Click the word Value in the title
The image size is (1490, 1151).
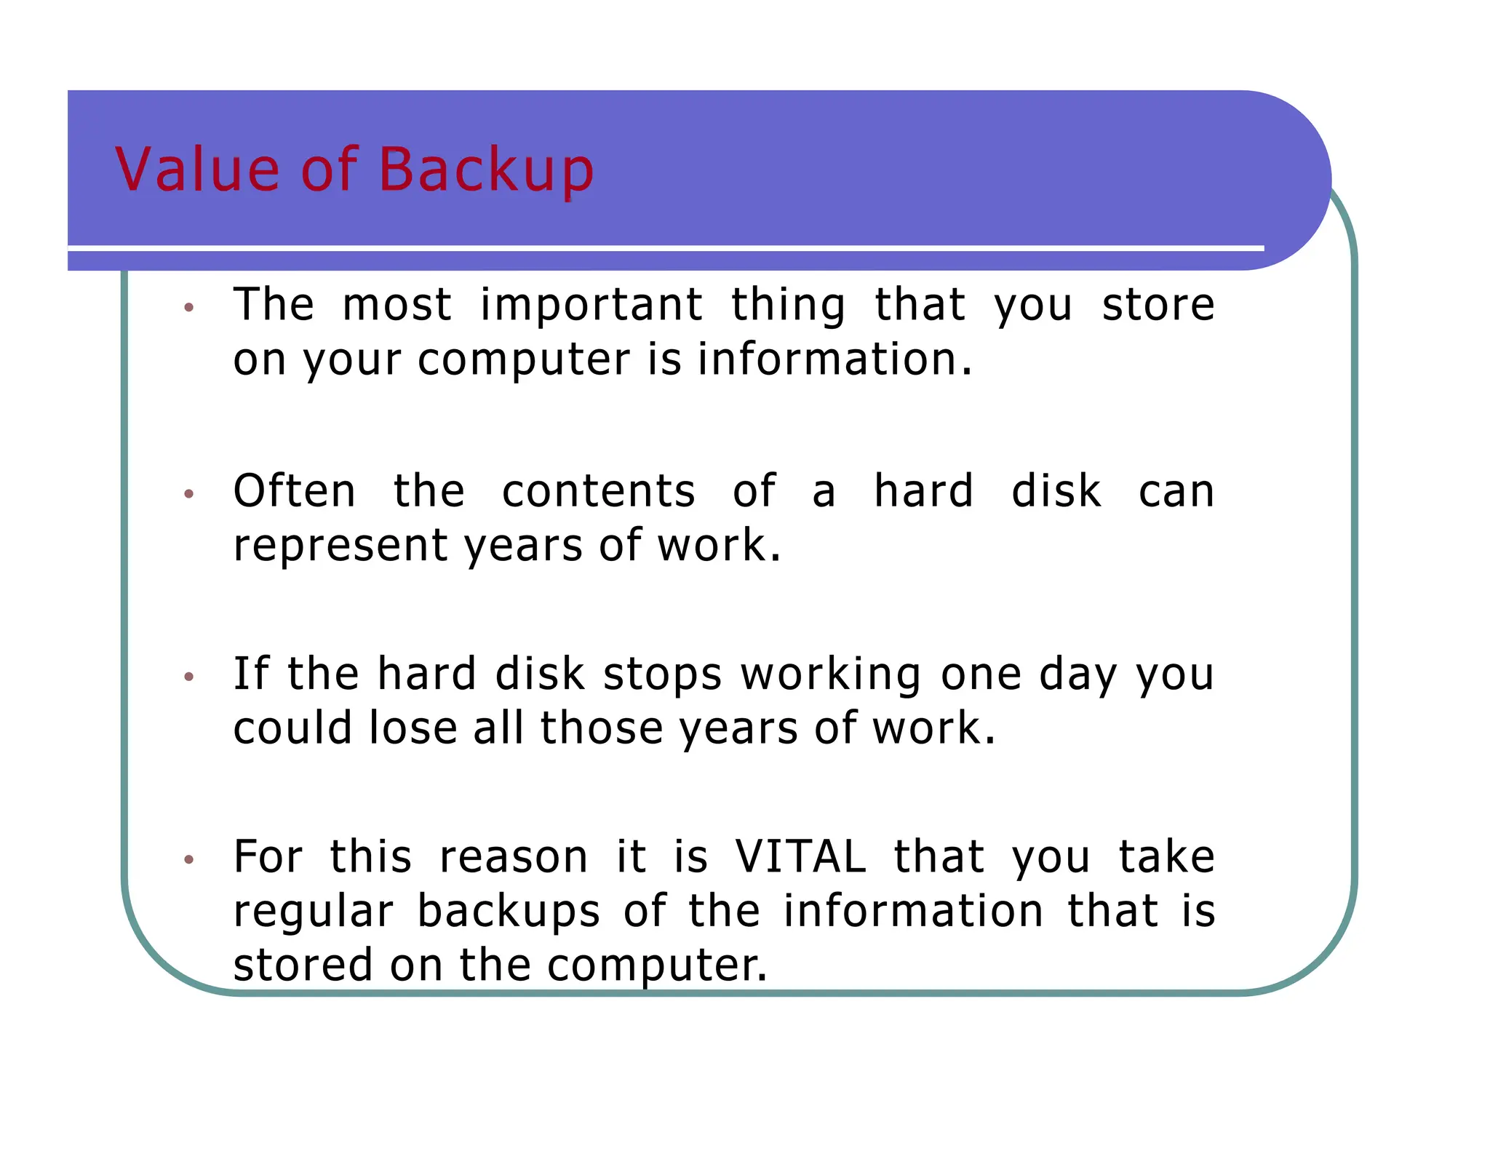tap(197, 170)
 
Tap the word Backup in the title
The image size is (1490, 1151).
tap(486, 171)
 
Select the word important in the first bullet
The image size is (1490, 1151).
tap(591, 305)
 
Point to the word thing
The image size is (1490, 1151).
tap(788, 306)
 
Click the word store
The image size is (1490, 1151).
tap(1158, 305)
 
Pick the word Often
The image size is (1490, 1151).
tap(295, 491)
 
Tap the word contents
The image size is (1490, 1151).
tap(599, 492)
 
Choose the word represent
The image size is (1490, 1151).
tap(340, 546)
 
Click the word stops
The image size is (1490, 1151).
tap(662, 674)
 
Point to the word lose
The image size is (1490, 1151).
tap(413, 728)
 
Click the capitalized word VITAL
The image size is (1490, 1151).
tap(800, 857)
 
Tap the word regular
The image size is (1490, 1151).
tap(314, 913)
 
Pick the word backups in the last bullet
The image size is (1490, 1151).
tap(509, 912)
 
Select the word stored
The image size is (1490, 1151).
tap(303, 965)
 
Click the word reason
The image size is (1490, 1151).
tap(514, 858)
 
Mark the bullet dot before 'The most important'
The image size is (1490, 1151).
tap(189, 308)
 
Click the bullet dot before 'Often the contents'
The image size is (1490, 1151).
tap(189, 494)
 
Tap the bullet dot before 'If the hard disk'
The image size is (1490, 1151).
tap(189, 677)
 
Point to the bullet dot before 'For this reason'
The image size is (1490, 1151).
tap(189, 860)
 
